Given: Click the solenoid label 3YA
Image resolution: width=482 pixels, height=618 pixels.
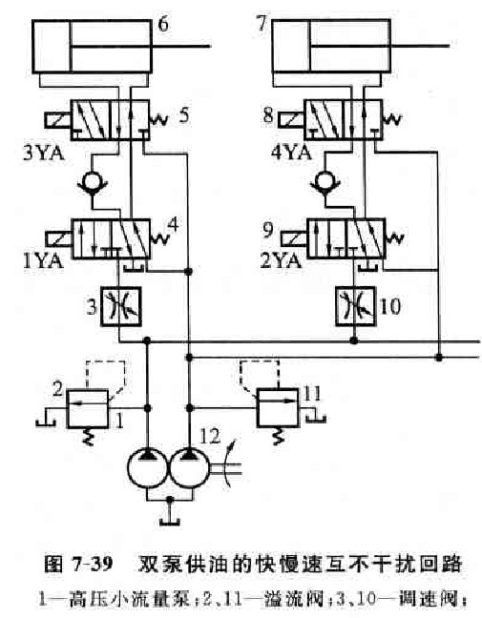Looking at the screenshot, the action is coord(43,154).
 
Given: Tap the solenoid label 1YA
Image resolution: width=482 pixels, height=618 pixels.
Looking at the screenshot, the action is coord(43,261).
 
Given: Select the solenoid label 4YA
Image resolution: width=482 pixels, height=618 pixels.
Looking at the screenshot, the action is coord(291,153).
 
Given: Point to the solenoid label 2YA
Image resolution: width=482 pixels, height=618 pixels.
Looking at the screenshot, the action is coord(281,260).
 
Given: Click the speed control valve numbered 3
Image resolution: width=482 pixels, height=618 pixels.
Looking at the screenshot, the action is coord(120,307).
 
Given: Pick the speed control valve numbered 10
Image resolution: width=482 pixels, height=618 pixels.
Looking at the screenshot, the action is coord(355,306).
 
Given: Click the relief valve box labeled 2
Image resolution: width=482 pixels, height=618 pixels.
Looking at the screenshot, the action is coord(88,409).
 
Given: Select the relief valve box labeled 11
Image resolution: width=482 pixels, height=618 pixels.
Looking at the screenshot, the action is coord(278,408).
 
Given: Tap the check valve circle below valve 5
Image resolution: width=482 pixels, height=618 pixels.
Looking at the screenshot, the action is coord(93,182).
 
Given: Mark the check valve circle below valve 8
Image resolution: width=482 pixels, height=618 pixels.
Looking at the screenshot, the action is coord(325,181).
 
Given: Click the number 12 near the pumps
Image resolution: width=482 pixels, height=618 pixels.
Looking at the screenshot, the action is coord(210,437).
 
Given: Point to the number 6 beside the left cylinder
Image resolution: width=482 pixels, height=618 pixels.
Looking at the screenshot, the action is coord(163,25).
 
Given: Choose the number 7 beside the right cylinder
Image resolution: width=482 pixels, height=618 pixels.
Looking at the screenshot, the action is coord(262,23).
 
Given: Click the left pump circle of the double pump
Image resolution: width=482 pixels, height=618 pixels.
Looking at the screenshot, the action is coord(148,468).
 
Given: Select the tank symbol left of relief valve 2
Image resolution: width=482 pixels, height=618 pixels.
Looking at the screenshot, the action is coord(46,422).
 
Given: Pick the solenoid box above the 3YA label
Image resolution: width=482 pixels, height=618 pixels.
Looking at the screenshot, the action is coord(58,120).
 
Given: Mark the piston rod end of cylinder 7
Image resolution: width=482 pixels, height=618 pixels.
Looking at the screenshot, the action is coord(449,46).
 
